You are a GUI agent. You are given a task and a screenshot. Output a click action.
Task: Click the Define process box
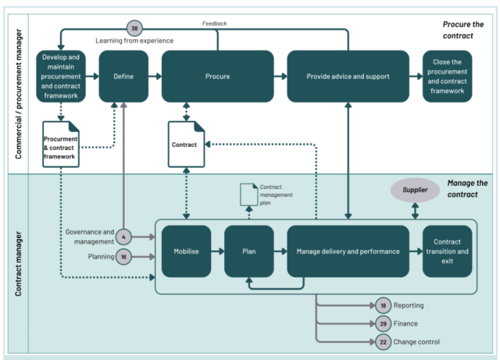(124, 76)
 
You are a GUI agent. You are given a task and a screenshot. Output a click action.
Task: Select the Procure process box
(217, 76)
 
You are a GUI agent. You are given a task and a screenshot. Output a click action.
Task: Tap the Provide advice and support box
(348, 76)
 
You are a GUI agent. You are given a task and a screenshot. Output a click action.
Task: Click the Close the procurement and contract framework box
(447, 76)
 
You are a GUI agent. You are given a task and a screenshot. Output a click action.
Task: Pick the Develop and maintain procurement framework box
(59, 76)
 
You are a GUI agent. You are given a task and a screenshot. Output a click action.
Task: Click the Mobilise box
(186, 251)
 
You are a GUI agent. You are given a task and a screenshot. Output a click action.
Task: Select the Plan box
(248, 251)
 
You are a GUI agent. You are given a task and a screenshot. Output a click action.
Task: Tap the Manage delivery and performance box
(348, 251)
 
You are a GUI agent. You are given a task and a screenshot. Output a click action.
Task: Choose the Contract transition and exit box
(447, 251)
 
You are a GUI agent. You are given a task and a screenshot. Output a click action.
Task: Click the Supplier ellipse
(415, 189)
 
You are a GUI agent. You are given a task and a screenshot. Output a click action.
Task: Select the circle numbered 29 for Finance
(382, 323)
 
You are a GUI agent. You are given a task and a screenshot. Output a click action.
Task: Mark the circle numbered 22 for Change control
(382, 341)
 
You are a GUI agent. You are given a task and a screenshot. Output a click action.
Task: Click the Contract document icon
(187, 144)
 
